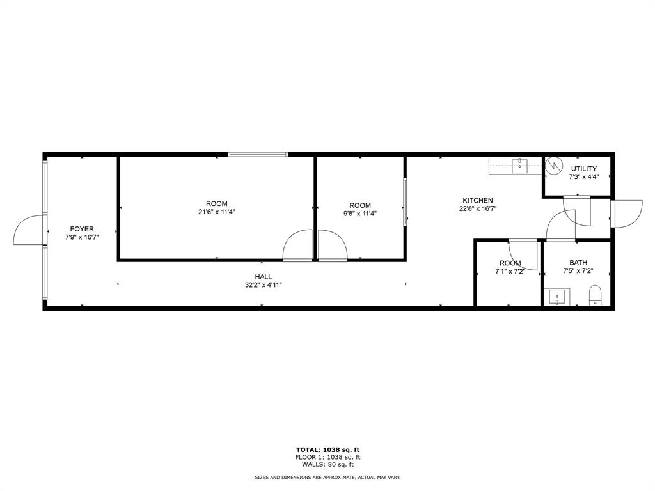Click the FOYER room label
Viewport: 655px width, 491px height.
point(82,229)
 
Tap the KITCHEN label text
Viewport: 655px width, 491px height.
point(478,200)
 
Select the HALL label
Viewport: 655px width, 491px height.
point(264,277)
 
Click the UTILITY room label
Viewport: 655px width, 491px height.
point(583,169)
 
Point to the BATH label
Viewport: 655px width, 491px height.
point(578,263)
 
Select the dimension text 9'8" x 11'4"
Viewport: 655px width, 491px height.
point(360,214)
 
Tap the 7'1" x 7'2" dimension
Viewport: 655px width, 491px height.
point(510,271)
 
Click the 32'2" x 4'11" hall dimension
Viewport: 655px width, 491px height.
point(264,285)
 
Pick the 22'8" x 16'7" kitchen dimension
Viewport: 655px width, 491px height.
point(478,208)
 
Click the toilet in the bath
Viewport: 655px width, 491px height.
point(596,295)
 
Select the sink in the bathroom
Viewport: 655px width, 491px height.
point(559,297)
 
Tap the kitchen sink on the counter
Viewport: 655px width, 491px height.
point(521,166)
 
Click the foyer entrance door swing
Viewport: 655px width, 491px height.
point(28,231)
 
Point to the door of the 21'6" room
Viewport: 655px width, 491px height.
point(297,246)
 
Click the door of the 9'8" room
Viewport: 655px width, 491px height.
point(333,246)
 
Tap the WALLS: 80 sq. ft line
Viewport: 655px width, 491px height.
point(327,464)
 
